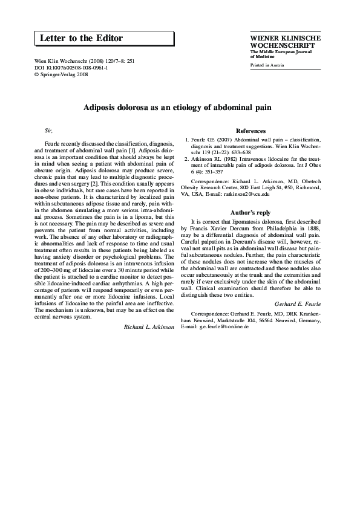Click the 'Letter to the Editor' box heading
[x=81, y=39]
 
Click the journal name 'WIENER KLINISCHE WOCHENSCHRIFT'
[x=285, y=41]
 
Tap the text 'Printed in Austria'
[x=266, y=65]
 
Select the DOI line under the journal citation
[x=64, y=68]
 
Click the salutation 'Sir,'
[x=50, y=131]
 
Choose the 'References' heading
[x=250, y=131]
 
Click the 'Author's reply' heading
[x=250, y=212]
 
